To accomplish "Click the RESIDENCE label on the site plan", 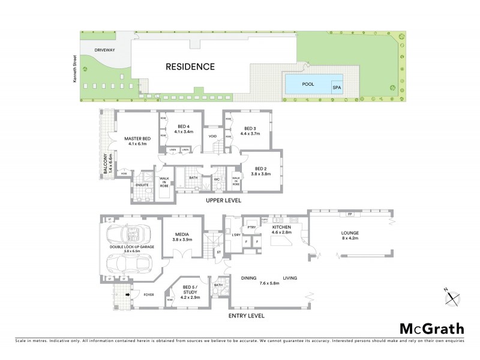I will click(190, 67).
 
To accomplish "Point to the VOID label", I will click(212, 136).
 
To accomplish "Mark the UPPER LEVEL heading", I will click(224, 200).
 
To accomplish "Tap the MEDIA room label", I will click(182, 235).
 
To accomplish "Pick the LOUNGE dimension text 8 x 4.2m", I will click(349, 239).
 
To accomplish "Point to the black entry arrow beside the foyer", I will click(128, 295).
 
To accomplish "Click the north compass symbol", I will click(453, 296).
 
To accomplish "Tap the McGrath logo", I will click(431, 328).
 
